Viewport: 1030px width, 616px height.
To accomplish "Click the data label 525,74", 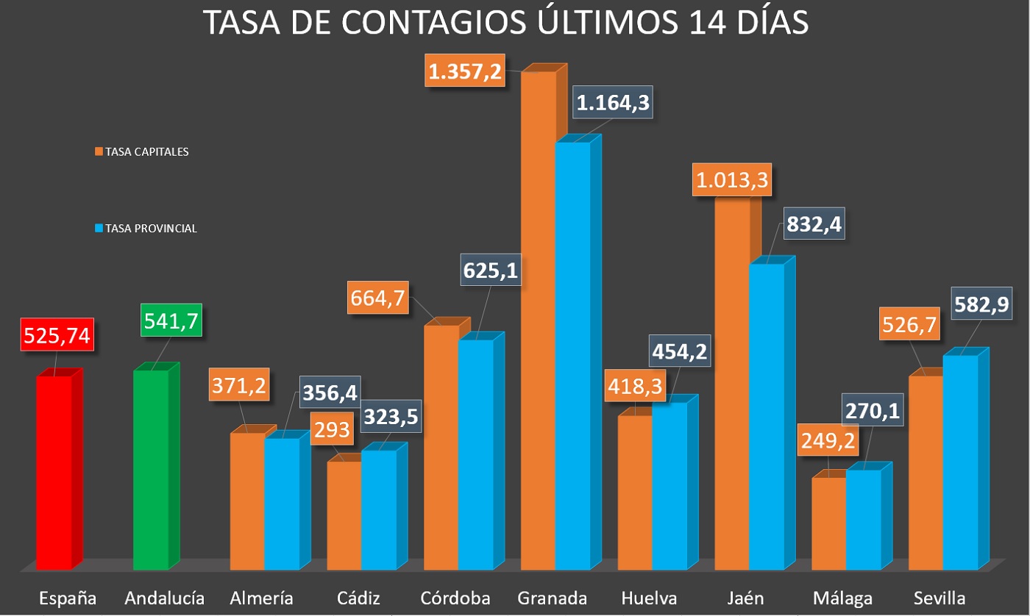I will click(57, 335).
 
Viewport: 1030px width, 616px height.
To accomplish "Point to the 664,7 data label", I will click(378, 299).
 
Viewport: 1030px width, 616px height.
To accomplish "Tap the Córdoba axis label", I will click(455, 598).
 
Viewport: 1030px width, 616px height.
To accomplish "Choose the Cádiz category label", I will click(359, 598).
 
